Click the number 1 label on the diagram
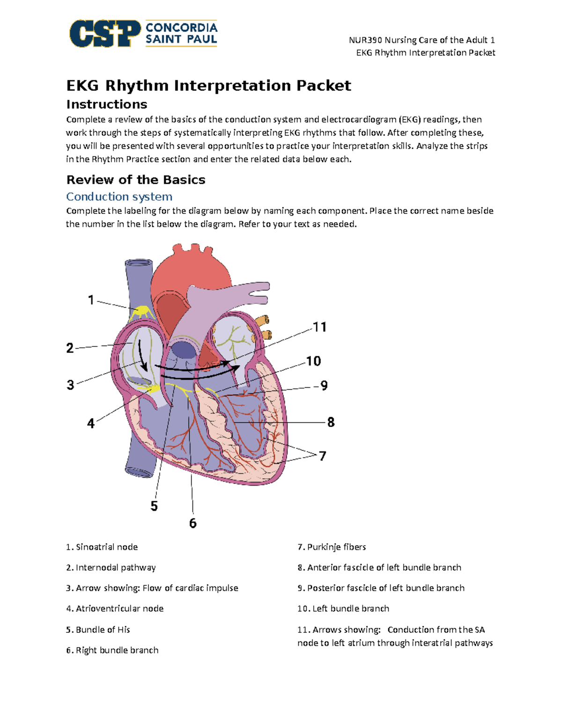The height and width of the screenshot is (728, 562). point(91,300)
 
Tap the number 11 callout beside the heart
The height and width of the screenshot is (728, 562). point(319,327)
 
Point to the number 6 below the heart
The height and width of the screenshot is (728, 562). point(192,523)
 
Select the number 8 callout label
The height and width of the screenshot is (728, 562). point(331,422)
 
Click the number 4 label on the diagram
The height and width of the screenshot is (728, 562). point(91,423)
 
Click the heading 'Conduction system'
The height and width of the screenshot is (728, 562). point(119,196)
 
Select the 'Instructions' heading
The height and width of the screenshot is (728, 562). point(107,104)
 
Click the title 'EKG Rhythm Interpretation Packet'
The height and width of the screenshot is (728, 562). point(208,85)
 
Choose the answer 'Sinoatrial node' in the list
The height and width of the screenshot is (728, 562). point(107,547)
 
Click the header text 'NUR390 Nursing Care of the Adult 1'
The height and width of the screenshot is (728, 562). point(421,40)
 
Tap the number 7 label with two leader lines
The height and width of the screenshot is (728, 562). point(322,456)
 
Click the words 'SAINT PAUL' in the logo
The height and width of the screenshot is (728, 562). point(181,39)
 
